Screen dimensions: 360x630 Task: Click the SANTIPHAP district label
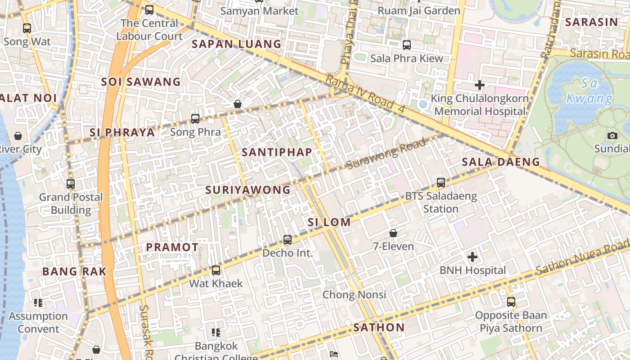coord(277,152)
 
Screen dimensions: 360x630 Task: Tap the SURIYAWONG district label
coord(248,190)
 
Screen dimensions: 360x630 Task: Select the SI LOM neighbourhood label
coord(329,222)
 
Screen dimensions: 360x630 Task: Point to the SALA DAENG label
coord(501,162)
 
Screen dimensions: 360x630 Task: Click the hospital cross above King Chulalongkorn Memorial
coord(480,85)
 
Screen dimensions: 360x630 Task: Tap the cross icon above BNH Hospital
coord(472,257)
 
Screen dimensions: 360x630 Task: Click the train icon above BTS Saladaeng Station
coord(441,183)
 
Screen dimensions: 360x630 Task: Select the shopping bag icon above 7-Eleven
coord(393,233)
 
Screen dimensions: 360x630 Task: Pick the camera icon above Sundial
coord(612,135)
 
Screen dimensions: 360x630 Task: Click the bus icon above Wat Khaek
coord(216,270)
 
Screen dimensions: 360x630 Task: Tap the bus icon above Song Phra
coord(195,119)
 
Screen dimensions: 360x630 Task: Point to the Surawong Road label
coord(386,154)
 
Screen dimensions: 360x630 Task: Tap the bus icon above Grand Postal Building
coord(71,184)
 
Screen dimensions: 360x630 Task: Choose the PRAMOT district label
coord(172,247)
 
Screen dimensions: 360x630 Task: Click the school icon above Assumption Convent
coord(38,303)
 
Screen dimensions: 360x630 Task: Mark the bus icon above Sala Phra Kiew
coord(407,45)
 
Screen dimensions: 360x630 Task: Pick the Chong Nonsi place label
coord(354,295)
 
